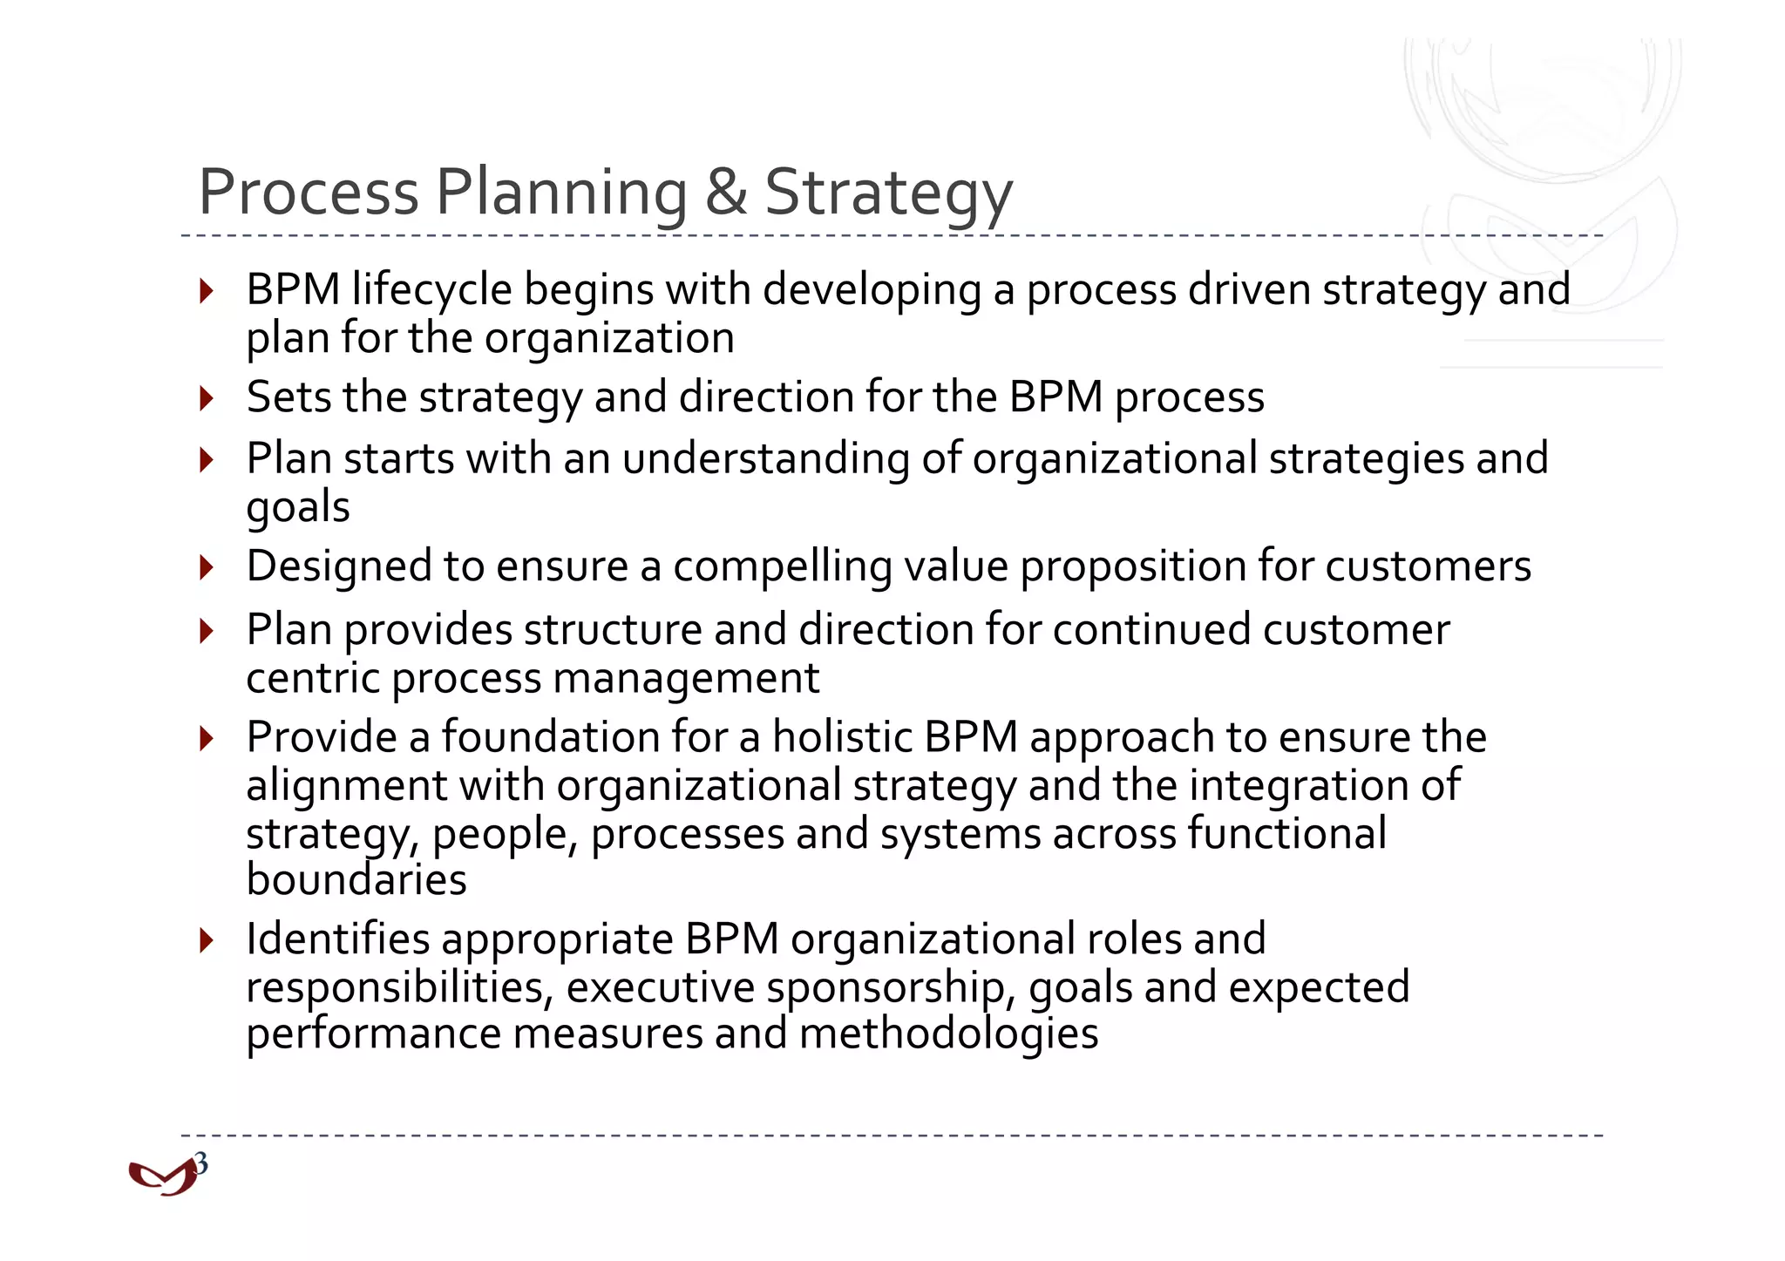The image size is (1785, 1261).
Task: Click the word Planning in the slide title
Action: (561, 193)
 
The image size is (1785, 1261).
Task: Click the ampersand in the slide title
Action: (725, 192)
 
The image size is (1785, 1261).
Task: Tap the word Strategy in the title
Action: (888, 193)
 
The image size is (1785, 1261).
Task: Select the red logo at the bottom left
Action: (162, 1178)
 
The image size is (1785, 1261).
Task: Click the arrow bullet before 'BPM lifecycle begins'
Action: (207, 290)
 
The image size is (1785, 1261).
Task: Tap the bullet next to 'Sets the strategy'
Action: (207, 398)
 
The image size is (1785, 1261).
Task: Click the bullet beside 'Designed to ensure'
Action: (207, 567)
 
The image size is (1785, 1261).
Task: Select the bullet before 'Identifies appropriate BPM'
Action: (207, 940)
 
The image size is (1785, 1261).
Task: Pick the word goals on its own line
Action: (298, 507)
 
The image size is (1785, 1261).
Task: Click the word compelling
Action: (782, 567)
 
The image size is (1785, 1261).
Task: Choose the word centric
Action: (313, 678)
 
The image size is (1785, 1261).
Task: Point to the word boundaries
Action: (356, 879)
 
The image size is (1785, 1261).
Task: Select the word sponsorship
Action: (892, 988)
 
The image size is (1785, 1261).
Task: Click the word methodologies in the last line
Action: (948, 1034)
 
